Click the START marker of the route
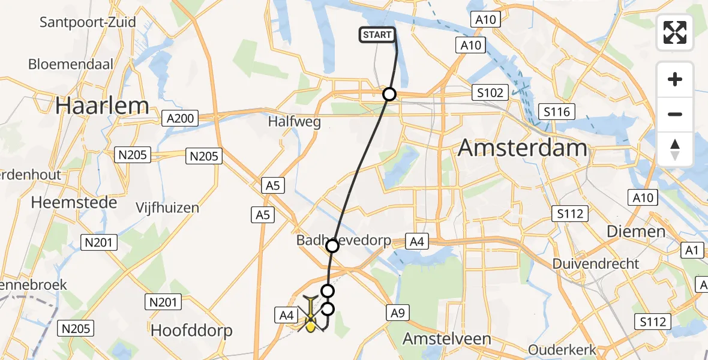click(x=377, y=35)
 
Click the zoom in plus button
click(x=675, y=79)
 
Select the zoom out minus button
click(x=675, y=114)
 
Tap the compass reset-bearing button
click(x=675, y=149)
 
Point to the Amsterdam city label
click(x=523, y=148)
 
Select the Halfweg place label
click(x=295, y=122)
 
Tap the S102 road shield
click(x=490, y=93)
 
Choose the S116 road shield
click(x=556, y=111)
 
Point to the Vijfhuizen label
click(x=167, y=208)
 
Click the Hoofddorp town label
click(x=191, y=331)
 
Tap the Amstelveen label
click(x=446, y=338)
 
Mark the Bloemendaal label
click(x=71, y=64)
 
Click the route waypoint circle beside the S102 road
click(x=389, y=94)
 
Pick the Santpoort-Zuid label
click(x=88, y=23)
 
